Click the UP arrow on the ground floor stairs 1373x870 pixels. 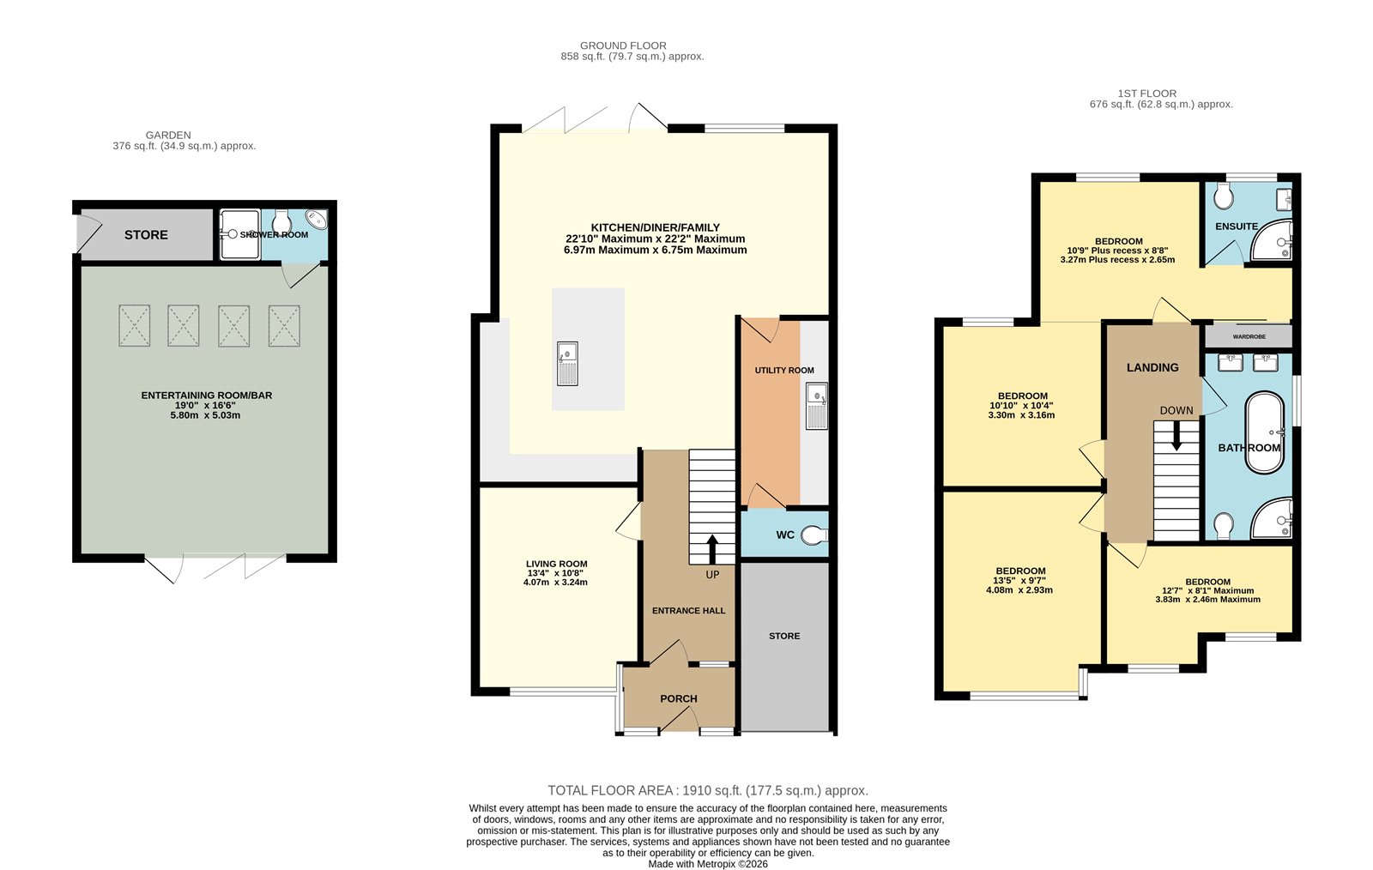[711, 549]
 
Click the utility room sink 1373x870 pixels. [816, 406]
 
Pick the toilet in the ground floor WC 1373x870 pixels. [814, 535]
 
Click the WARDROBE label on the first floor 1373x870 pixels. [1249, 336]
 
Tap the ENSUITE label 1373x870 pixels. [1236, 227]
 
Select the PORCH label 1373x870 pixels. [678, 698]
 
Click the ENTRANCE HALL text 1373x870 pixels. [688, 611]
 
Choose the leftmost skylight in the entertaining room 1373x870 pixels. [134, 325]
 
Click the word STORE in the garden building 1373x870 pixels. [146, 234]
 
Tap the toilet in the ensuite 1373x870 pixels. [1224, 196]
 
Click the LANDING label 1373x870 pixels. [1152, 367]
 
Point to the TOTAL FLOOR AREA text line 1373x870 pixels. [708, 790]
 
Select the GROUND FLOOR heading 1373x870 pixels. [623, 45]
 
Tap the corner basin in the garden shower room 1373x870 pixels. [317, 220]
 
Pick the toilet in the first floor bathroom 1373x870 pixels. [1224, 523]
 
